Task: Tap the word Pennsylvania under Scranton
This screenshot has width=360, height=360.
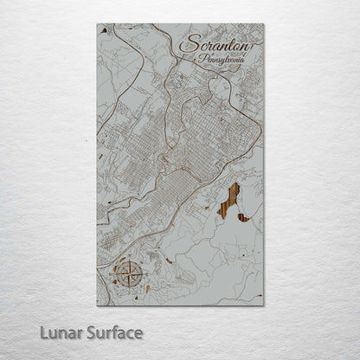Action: (x=222, y=61)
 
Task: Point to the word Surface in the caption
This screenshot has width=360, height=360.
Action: (x=114, y=332)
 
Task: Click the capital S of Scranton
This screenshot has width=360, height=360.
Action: (x=185, y=46)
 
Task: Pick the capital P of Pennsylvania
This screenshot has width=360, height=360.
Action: (x=202, y=60)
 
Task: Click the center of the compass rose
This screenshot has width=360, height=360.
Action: (x=127, y=275)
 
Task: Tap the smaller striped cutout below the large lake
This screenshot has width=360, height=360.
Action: (x=244, y=217)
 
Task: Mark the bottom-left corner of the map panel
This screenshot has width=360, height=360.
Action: (x=97, y=305)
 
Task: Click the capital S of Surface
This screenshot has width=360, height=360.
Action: (x=94, y=332)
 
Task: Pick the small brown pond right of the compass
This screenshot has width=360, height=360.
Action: (x=147, y=288)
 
